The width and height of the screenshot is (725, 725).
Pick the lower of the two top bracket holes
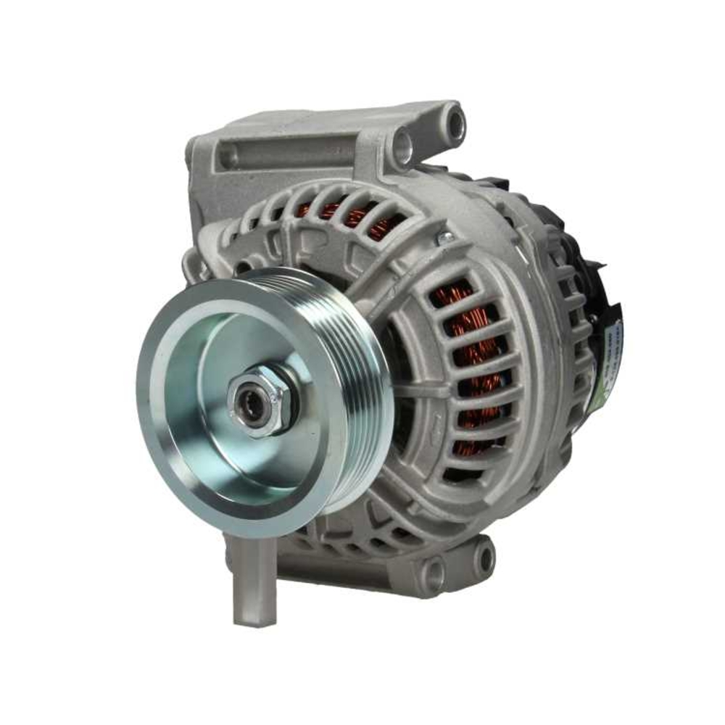(x=403, y=147)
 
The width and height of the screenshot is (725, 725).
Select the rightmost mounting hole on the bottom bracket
(x=483, y=558)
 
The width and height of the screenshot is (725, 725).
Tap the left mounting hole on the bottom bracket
(x=434, y=575)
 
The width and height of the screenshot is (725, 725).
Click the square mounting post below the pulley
(x=254, y=580)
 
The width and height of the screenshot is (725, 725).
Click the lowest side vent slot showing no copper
(x=464, y=475)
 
